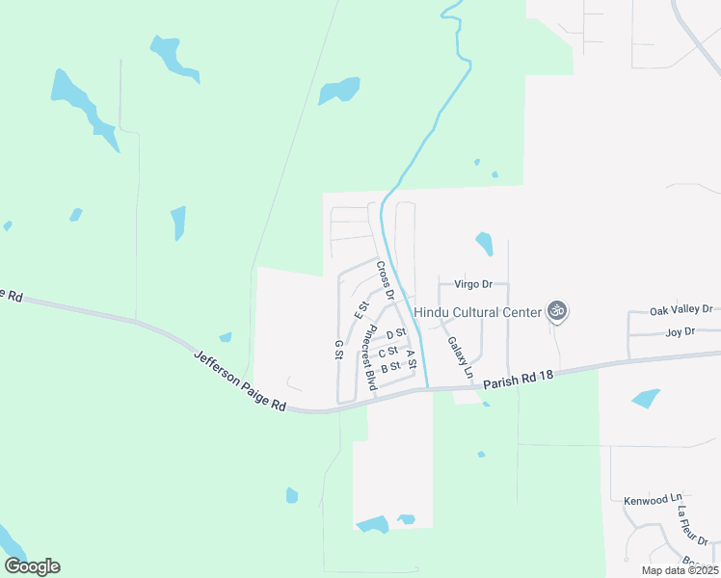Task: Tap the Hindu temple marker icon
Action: tap(556, 310)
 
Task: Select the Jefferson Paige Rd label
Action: tap(240, 381)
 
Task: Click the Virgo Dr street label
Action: tap(472, 284)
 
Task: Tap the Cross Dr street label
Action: tap(386, 278)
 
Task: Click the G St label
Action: tap(338, 350)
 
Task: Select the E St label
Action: tap(362, 309)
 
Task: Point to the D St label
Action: tap(394, 334)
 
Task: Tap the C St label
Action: tap(388, 352)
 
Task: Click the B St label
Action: tap(390, 367)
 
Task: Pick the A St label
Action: tap(412, 359)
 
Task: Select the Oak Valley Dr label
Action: tap(681, 310)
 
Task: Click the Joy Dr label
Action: tap(680, 332)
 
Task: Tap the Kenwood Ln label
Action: tap(646, 501)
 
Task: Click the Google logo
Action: tap(32, 566)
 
